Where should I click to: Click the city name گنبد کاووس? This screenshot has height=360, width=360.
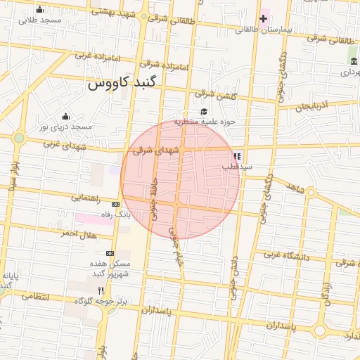coord(124,84)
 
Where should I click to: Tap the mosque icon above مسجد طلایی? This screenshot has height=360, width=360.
coord(39,10)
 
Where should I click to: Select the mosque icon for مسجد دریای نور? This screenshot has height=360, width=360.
coord(66,117)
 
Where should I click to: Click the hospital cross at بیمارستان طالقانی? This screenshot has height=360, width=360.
coord(264,18)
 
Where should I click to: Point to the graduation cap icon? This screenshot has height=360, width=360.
coord(204,112)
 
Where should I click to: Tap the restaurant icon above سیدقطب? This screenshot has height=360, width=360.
coord(237,156)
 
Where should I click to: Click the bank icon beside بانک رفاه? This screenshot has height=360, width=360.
coord(115,204)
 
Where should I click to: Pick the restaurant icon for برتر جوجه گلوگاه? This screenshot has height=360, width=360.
coord(101,290)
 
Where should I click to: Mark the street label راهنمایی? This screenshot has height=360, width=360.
coord(86,198)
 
